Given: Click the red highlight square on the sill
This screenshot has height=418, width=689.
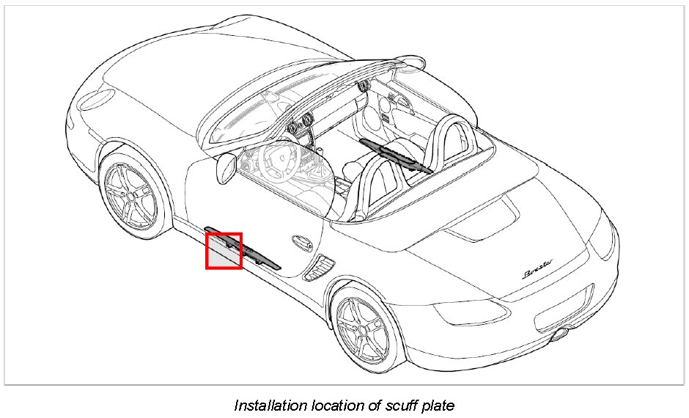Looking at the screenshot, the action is tap(224, 251).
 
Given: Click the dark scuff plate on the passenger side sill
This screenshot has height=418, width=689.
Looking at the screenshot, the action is tap(396, 155).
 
